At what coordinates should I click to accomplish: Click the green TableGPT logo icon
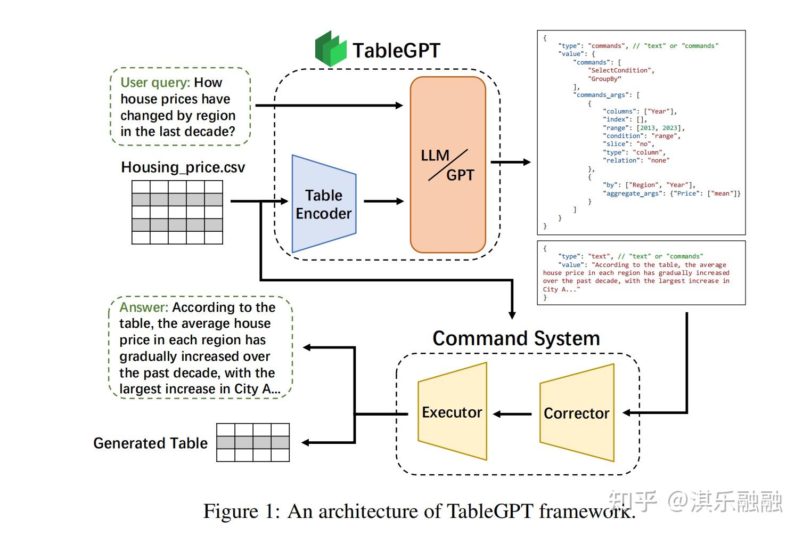pyautogui.click(x=331, y=49)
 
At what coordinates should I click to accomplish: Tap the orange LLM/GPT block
pyautogui.click(x=448, y=165)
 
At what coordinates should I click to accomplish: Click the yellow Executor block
pyautogui.click(x=452, y=412)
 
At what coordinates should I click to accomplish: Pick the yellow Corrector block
pyautogui.click(x=577, y=413)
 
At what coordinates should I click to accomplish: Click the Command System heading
pyautogui.click(x=516, y=338)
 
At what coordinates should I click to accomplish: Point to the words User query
pyautogui.click(x=155, y=83)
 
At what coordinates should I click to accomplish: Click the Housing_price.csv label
pyautogui.click(x=183, y=167)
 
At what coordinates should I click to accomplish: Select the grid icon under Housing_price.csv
pyautogui.click(x=177, y=212)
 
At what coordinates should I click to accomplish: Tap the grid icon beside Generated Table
pyautogui.click(x=253, y=442)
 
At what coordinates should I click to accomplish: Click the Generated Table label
pyautogui.click(x=151, y=443)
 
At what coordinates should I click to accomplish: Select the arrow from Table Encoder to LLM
pyautogui.click(x=383, y=201)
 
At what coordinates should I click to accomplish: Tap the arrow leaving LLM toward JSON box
pyautogui.click(x=510, y=162)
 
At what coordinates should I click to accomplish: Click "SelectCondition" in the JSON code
pyautogui.click(x=620, y=70)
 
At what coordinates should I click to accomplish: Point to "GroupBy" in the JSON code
pyautogui.click(x=604, y=79)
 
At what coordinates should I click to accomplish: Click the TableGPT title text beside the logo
pyautogui.click(x=396, y=51)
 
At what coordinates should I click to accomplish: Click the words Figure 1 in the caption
pyautogui.click(x=241, y=512)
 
